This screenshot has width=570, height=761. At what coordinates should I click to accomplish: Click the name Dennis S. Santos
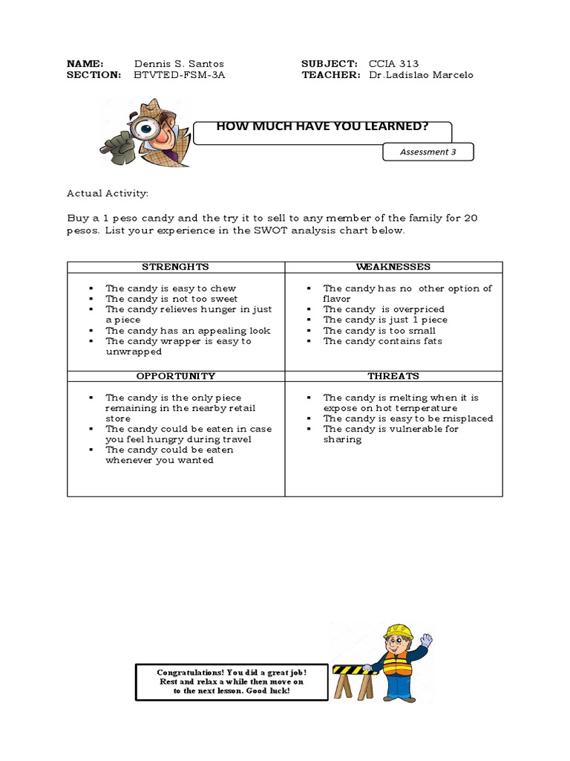click(179, 64)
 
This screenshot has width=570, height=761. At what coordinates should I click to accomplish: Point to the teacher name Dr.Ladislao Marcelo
click(420, 75)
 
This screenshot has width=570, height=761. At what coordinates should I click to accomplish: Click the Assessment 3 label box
click(428, 152)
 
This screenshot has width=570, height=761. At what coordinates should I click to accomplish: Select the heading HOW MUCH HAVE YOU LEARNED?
click(322, 126)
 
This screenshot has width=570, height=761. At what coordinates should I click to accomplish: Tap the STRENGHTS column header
click(176, 267)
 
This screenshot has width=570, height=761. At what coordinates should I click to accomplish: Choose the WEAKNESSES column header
click(393, 267)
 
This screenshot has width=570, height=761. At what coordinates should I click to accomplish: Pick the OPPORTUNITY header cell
click(176, 376)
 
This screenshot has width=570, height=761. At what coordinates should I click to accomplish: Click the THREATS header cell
click(393, 376)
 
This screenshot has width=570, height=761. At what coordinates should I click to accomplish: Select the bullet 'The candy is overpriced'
click(384, 309)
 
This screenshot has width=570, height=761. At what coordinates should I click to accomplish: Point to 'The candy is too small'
click(379, 331)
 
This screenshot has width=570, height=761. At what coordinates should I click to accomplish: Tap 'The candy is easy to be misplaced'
click(407, 418)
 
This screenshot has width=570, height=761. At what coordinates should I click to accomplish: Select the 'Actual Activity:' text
click(108, 193)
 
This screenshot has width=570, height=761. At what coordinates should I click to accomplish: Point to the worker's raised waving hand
click(426, 640)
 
